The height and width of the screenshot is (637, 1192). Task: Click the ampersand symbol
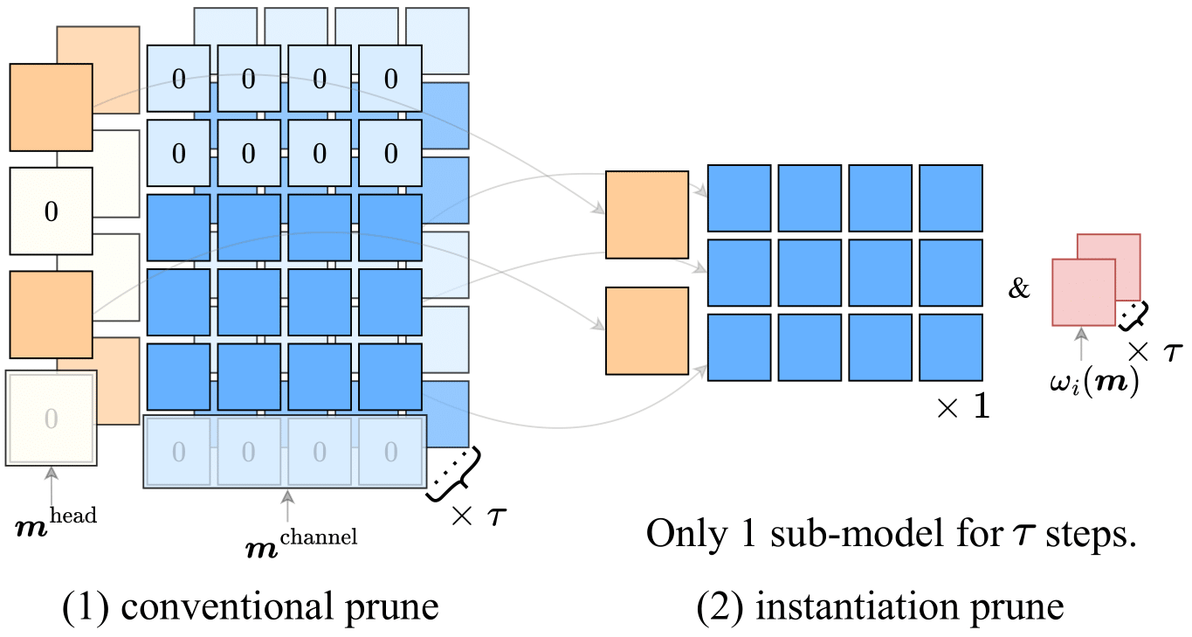pyautogui.click(x=1020, y=288)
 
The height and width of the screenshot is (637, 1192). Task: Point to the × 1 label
pyautogui.click(x=963, y=407)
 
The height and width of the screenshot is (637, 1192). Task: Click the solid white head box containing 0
pyautogui.click(x=51, y=210)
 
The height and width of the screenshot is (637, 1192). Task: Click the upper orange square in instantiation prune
pyautogui.click(x=647, y=215)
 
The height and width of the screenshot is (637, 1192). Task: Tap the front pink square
pyautogui.click(x=1084, y=291)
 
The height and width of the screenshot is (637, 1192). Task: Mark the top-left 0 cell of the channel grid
pyautogui.click(x=178, y=79)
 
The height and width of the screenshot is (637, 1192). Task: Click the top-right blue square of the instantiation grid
pyautogui.click(x=951, y=197)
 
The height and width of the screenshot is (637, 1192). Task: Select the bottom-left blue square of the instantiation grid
pyautogui.click(x=739, y=348)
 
